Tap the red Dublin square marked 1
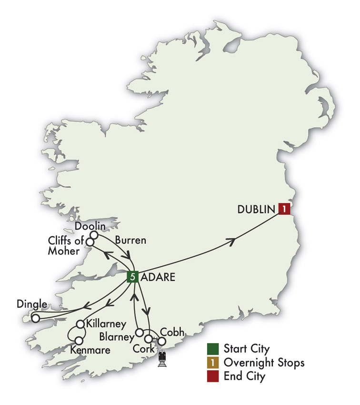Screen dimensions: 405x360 [x=284, y=209]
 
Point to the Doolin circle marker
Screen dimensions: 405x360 [x=94, y=235]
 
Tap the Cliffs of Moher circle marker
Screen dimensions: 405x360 [x=90, y=243]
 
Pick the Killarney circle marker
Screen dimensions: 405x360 [x=80, y=324]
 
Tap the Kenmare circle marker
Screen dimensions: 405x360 [x=79, y=341]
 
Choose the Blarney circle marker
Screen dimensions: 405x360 [x=140, y=332]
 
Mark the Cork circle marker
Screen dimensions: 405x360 [x=149, y=339]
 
